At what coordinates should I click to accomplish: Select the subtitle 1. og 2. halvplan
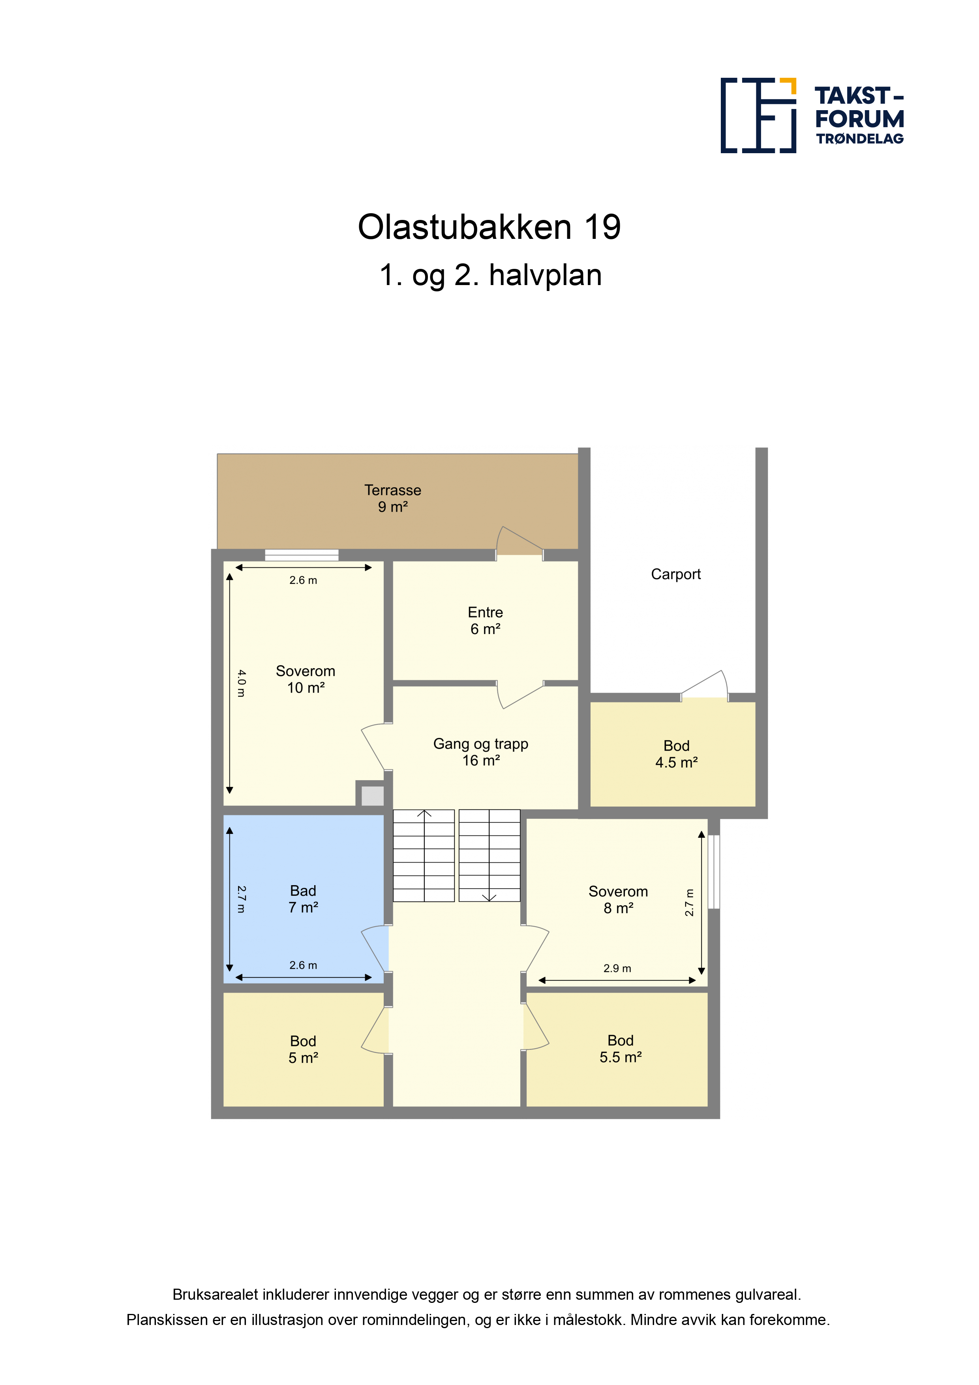[x=490, y=276]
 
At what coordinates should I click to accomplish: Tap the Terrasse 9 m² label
[x=393, y=498]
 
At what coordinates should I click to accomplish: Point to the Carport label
[x=675, y=574]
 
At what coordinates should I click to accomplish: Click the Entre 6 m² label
[x=485, y=621]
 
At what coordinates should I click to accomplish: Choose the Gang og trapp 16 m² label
[x=481, y=752]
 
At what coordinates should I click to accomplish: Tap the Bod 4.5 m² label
[x=676, y=754]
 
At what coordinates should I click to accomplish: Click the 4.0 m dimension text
[x=241, y=683]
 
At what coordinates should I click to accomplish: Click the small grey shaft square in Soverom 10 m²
[x=372, y=796]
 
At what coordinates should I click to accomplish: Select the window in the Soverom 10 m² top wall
[x=302, y=555]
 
